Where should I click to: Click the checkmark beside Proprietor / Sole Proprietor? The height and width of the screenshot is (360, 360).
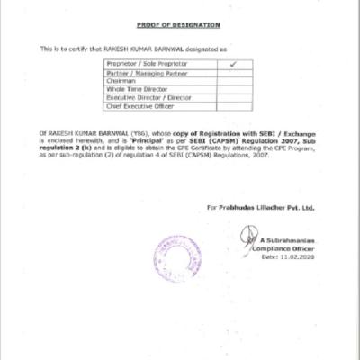click(x=232, y=66)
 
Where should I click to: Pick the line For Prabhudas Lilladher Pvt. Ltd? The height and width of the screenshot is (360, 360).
click(x=260, y=207)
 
